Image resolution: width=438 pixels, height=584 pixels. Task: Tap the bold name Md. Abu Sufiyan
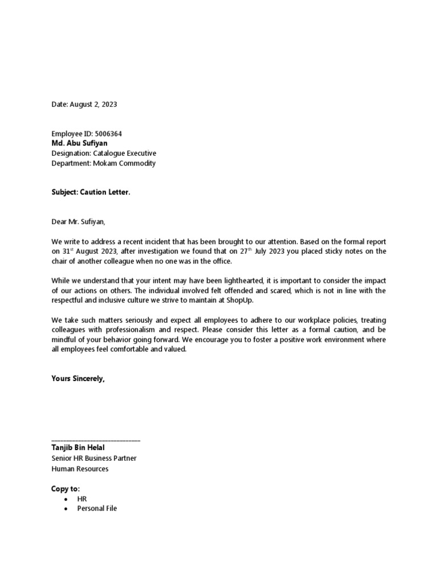(x=79, y=143)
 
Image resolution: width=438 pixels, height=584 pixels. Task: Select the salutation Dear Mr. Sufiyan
(x=79, y=221)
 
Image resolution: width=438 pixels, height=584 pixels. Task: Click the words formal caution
(x=335, y=330)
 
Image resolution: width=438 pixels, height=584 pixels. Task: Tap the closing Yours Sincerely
(x=78, y=378)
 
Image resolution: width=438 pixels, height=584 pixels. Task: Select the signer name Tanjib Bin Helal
(x=78, y=448)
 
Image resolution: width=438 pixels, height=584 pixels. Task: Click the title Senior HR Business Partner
(x=94, y=458)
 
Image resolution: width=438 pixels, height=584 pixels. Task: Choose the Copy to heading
(x=66, y=489)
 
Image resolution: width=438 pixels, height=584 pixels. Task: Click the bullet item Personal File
(x=97, y=508)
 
